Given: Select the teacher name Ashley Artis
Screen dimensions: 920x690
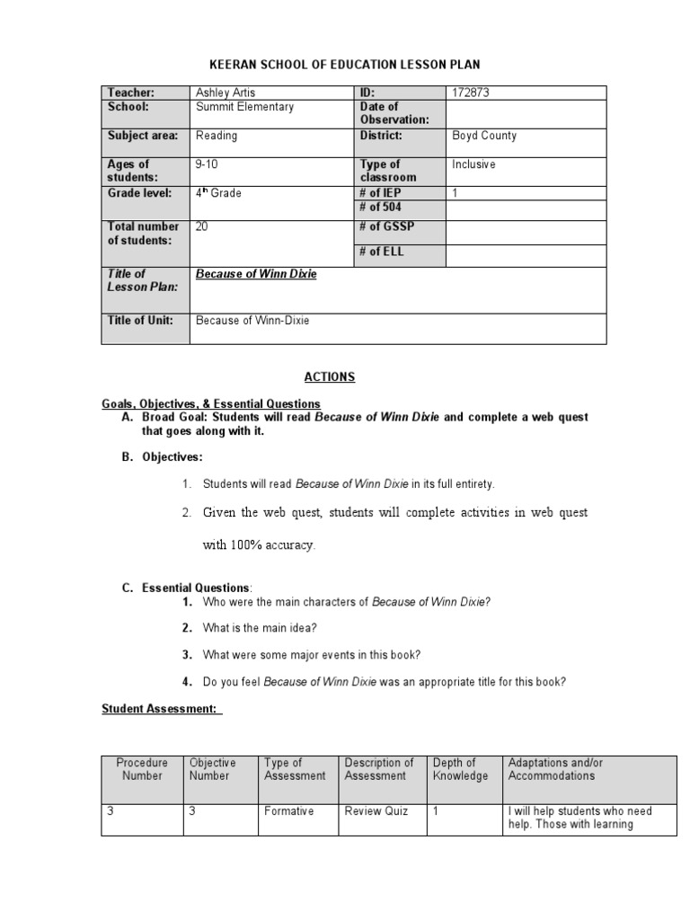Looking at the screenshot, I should (226, 93).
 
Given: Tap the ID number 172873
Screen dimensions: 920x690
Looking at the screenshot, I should (471, 93).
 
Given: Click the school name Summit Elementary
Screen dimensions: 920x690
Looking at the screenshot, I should (244, 107).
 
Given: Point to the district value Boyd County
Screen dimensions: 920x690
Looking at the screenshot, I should (484, 136).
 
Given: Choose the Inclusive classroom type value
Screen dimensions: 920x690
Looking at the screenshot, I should (473, 164).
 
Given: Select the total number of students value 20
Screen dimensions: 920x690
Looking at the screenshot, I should (202, 227).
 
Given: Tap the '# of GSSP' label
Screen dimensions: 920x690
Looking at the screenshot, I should (387, 227).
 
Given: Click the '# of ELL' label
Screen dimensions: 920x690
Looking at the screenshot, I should (382, 252).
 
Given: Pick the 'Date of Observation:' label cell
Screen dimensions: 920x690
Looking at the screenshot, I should (394, 113).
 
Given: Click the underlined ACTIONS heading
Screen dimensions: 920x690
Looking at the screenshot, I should (332, 377).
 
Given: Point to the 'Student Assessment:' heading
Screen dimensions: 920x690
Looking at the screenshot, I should (159, 709).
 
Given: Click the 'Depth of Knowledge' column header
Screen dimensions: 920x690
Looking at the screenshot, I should (460, 769).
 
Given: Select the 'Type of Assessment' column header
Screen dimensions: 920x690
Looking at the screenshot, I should (295, 769).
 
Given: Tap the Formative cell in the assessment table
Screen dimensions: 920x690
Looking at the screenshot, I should (288, 811).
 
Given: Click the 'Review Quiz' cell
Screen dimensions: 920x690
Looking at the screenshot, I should (376, 811).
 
